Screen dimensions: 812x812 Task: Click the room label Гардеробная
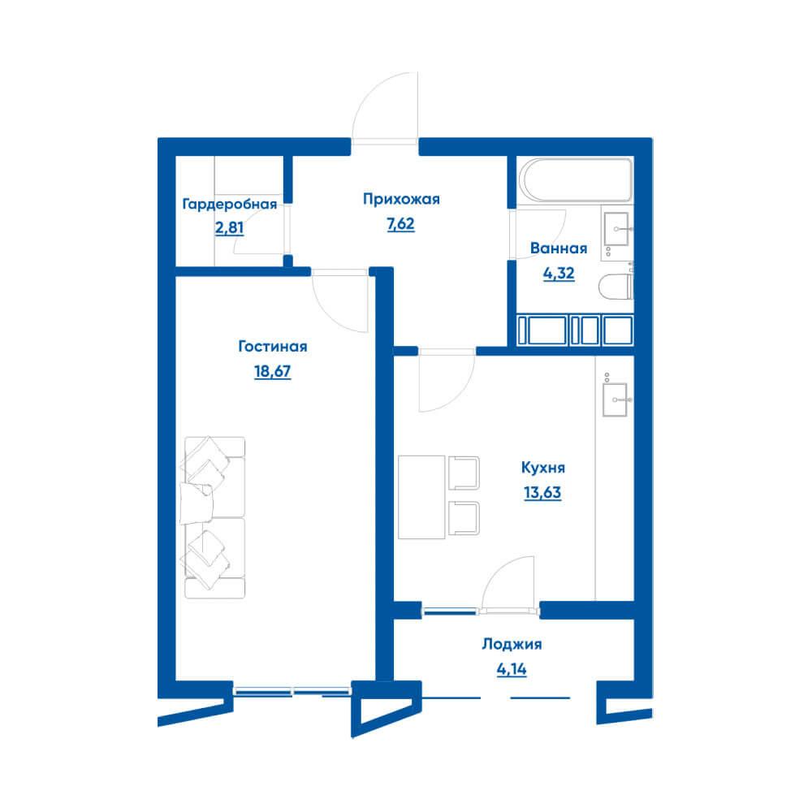click(x=230, y=205)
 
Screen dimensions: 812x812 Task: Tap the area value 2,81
click(x=229, y=228)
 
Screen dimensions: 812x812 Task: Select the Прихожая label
click(x=401, y=200)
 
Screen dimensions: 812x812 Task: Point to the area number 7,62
click(x=400, y=224)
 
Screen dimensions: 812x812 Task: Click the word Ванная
click(x=559, y=248)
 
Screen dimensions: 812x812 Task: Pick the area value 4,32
click(x=559, y=273)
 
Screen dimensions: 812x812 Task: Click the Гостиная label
click(x=272, y=347)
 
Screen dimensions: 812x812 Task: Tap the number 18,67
click(x=272, y=371)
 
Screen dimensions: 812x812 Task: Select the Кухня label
click(x=542, y=468)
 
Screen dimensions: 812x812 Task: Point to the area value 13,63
click(x=542, y=493)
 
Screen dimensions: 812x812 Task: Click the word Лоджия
click(x=512, y=644)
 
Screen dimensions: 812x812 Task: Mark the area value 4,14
click(x=512, y=669)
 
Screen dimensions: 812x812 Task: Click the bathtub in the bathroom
click(x=576, y=179)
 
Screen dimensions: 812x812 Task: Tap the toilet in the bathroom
click(x=615, y=287)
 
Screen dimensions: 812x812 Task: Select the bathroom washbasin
click(x=617, y=228)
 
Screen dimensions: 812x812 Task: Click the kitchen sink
click(x=615, y=400)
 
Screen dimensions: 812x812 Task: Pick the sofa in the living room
click(x=213, y=517)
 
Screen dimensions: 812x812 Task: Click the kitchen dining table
click(x=421, y=497)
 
